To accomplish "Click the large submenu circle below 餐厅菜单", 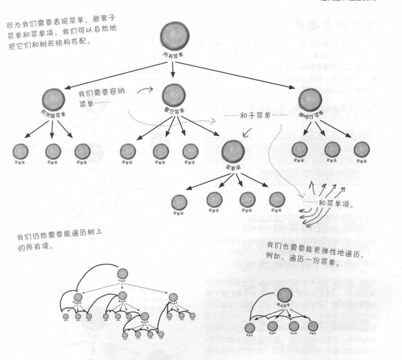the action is (233, 152).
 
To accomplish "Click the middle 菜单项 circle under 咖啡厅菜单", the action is (332, 149).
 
